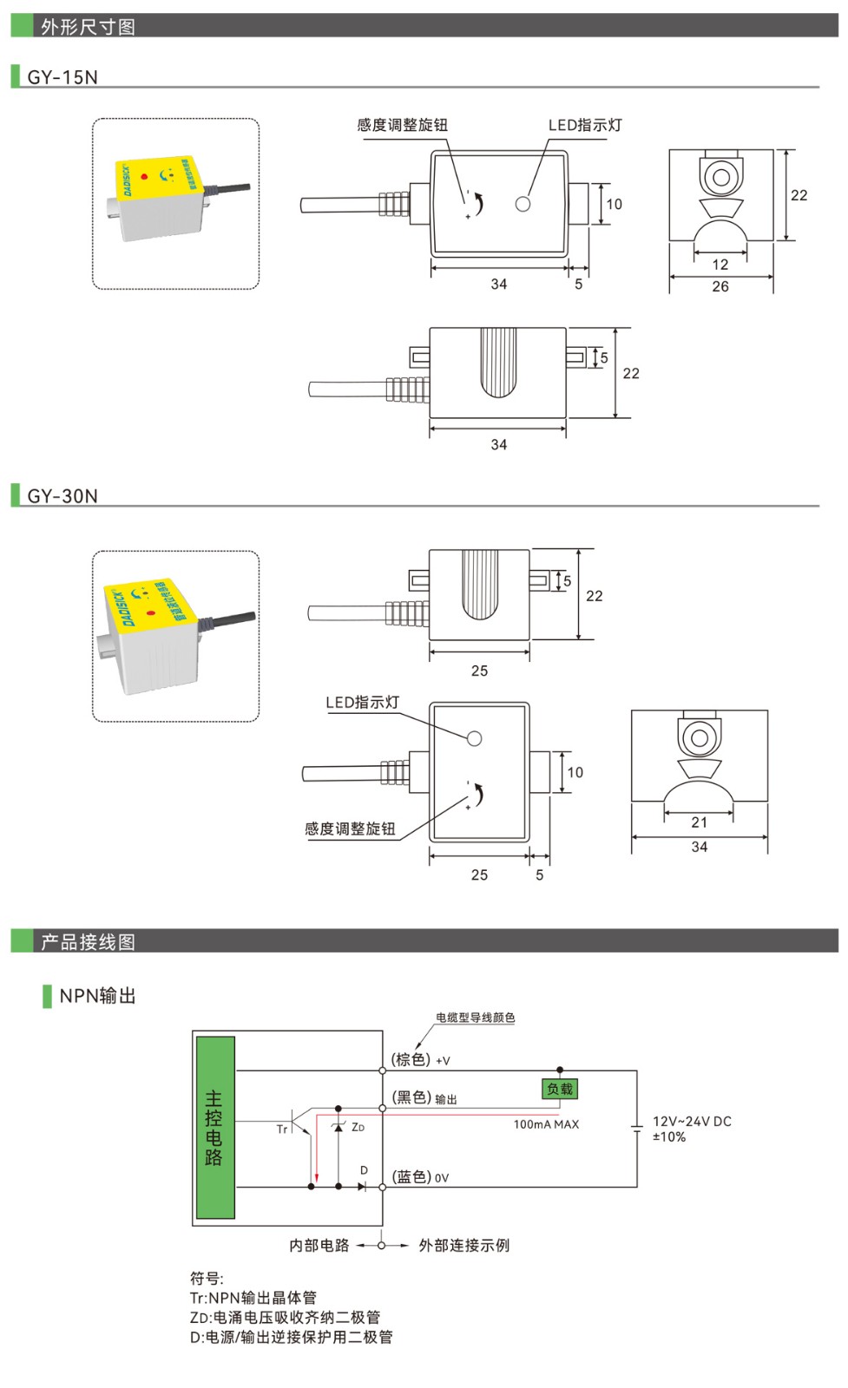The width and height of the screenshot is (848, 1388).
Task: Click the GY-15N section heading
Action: pos(62,77)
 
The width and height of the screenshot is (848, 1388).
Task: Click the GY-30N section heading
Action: pos(62,496)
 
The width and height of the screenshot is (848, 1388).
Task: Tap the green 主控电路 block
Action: pos(214,1128)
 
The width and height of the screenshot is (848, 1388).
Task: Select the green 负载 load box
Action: pos(560,1089)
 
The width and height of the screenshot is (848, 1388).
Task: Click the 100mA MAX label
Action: pos(546,1124)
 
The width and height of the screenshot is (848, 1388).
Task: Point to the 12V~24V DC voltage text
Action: pos(692,1122)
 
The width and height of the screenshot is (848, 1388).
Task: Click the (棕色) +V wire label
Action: pos(420,1060)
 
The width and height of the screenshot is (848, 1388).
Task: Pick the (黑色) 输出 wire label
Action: pos(424,1098)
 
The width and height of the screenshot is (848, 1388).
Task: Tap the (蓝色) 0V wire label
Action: pos(420,1177)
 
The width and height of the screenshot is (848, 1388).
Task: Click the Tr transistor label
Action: pos(281,1129)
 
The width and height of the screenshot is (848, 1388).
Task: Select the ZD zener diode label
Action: pos(358,1128)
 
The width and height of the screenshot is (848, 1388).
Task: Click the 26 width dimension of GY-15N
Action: pos(720,287)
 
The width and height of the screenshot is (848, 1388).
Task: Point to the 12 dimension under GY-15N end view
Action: pos(720,265)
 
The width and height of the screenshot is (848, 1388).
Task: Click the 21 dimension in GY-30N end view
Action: pos(700,822)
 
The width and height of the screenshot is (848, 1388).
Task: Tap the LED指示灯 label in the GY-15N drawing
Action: pos(585,125)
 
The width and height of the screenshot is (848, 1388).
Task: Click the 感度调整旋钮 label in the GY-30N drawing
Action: pos(350,828)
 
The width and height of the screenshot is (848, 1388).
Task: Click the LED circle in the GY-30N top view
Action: pos(474,739)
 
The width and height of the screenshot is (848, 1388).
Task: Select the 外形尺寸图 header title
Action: pos(88,27)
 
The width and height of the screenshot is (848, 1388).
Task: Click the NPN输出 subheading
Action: pos(97,996)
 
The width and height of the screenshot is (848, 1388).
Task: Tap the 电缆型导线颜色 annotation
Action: pos(475,1018)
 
